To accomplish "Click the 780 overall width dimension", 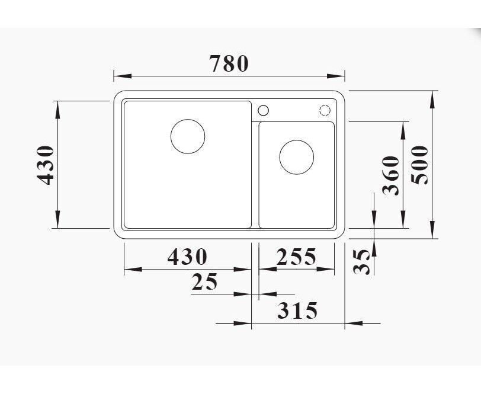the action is pyautogui.click(x=229, y=63).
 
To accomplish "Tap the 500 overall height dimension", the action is pyautogui.click(x=419, y=165).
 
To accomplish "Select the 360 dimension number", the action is pyautogui.click(x=391, y=175).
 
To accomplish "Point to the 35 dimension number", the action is pyautogui.click(x=362, y=262).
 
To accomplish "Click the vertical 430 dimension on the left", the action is pyautogui.click(x=45, y=165).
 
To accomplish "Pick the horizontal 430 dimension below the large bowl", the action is pyautogui.click(x=187, y=257).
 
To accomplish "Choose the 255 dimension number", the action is pyautogui.click(x=296, y=257).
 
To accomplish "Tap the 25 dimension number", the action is pyautogui.click(x=204, y=281).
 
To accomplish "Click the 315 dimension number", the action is pyautogui.click(x=297, y=310).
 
